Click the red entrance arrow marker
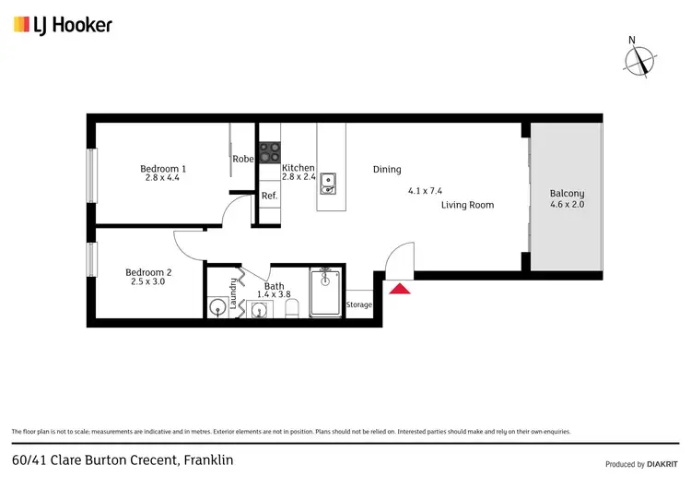(400, 290)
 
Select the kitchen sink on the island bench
(328, 185)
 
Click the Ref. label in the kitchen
(269, 196)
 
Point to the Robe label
(243, 159)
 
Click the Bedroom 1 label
(163, 168)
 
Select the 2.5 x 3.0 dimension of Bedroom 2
(148, 282)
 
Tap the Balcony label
(566, 194)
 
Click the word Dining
(387, 169)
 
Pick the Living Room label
(467, 205)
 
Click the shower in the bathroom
(325, 292)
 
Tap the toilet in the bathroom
(293, 311)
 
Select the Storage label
(358, 304)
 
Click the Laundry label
(234, 293)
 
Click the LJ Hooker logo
(63, 24)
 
